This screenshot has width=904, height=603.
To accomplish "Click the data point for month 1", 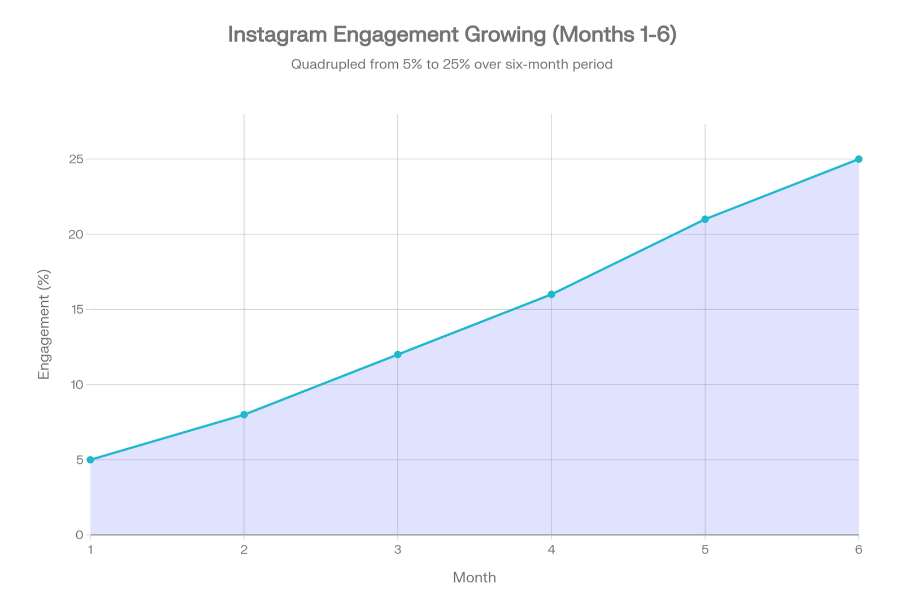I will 90,459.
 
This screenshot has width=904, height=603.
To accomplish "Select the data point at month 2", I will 244,414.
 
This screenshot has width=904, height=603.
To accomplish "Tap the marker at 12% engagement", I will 398,354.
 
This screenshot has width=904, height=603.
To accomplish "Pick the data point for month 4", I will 551,294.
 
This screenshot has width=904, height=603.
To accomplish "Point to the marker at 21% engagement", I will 705,219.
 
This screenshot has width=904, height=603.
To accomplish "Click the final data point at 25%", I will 859,159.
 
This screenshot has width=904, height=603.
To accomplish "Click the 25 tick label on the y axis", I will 76,159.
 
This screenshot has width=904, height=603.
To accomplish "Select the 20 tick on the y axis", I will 76,234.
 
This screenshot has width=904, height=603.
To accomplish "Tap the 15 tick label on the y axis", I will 76,309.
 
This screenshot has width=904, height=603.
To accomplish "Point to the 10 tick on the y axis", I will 76,384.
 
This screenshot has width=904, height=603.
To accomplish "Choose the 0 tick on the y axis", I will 80,535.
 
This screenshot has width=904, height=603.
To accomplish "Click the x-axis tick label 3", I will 398,550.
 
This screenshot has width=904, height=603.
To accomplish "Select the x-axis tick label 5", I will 705,550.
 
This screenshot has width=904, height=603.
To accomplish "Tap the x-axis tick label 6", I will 859,550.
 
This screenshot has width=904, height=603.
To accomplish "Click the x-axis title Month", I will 475,578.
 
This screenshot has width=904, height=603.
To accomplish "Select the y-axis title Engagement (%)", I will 44,324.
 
